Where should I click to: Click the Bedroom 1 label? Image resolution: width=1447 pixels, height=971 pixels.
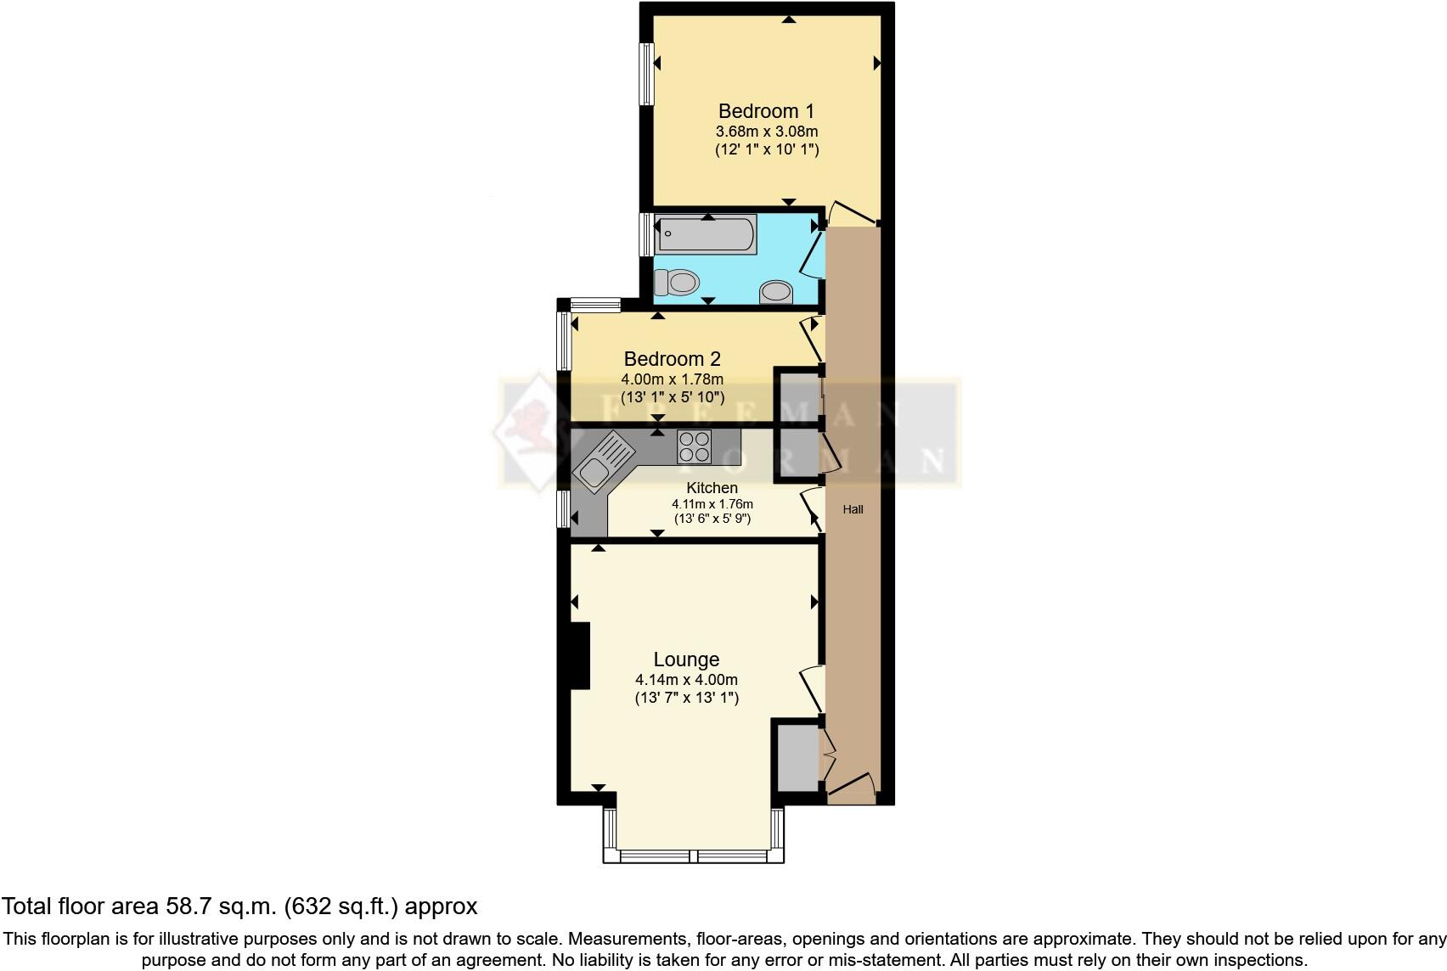tap(766, 111)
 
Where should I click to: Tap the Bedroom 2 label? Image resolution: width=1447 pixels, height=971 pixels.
tap(672, 359)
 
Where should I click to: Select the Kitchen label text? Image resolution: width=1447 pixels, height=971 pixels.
tap(712, 488)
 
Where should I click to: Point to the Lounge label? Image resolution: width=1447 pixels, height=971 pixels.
tap(686, 659)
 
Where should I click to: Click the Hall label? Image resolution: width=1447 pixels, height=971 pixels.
tap(853, 509)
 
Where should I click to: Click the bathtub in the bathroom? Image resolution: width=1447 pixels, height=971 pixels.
tap(707, 235)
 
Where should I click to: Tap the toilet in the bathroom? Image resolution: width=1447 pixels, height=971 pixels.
tap(676, 281)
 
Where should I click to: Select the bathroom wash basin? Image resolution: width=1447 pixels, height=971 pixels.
tap(776, 292)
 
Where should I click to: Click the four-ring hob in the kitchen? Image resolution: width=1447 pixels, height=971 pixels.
tap(694, 446)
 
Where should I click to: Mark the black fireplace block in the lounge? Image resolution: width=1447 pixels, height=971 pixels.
tap(580, 655)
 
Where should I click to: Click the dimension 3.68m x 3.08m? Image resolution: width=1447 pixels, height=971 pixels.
tap(766, 132)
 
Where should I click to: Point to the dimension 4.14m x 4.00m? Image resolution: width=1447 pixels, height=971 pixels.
tap(686, 680)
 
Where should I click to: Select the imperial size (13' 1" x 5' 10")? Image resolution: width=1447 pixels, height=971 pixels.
tap(672, 396)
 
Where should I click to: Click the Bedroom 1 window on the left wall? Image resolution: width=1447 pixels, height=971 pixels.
tap(648, 74)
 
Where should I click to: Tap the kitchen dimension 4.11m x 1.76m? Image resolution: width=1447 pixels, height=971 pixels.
tap(712, 504)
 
